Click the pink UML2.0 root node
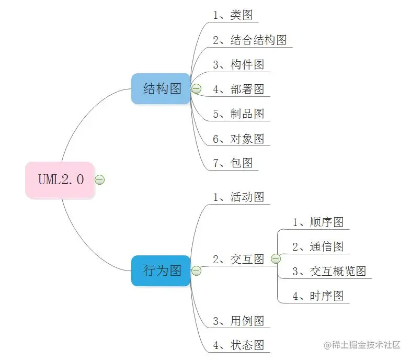(x=60, y=179)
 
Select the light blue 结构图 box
(x=161, y=88)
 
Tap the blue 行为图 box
(x=161, y=271)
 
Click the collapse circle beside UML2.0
(x=100, y=180)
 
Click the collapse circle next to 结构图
(x=197, y=89)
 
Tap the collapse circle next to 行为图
(x=197, y=271)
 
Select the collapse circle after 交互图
(x=276, y=259)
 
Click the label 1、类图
(x=233, y=15)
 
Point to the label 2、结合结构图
(x=250, y=40)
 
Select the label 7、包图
(x=233, y=163)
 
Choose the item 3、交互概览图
(x=329, y=271)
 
